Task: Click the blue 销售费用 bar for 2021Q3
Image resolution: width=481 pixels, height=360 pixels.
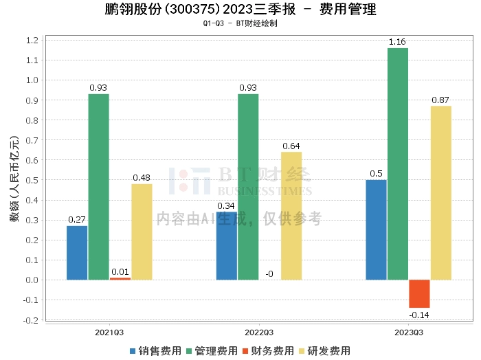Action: click(77, 252)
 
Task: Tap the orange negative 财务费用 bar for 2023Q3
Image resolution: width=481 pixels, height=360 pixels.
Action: click(419, 293)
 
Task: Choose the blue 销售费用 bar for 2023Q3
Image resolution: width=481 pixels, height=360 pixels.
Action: click(376, 229)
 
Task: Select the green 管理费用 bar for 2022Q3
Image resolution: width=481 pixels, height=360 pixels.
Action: click(248, 186)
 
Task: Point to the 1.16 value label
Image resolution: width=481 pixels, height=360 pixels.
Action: click(397, 43)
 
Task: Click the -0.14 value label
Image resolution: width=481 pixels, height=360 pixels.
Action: click(419, 315)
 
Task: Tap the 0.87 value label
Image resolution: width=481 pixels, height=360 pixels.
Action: click(440, 100)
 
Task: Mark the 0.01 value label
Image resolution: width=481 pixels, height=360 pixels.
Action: click(120, 272)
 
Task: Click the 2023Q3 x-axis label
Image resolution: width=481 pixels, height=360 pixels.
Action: click(408, 332)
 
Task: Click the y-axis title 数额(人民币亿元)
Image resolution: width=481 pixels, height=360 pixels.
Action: click(13, 180)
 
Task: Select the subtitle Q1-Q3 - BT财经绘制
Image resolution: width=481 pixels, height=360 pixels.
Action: click(240, 24)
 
